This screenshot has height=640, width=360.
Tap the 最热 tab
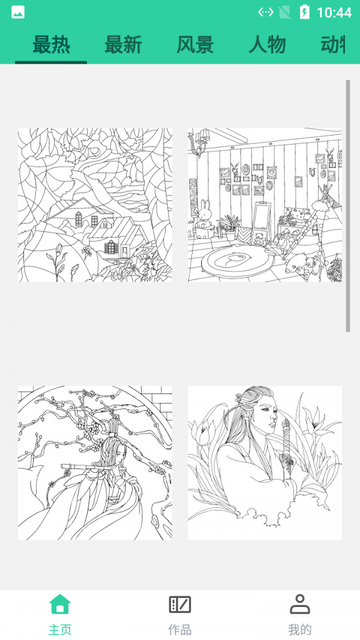pos(51,45)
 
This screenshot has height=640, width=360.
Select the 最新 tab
pos(123,45)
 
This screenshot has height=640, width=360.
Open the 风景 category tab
pos(195,45)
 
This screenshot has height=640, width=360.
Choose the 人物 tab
pos(267,45)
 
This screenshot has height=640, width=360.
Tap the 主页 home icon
pos(60,604)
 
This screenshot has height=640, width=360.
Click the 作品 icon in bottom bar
pos(180,604)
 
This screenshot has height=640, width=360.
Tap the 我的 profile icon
pos(299,604)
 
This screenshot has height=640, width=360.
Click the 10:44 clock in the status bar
pos(334,13)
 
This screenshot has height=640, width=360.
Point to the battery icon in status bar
pos(305,12)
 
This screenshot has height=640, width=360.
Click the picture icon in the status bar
pos(18,12)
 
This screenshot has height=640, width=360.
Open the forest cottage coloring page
pos(95,205)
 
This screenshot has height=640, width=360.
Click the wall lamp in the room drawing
pos(198,142)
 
